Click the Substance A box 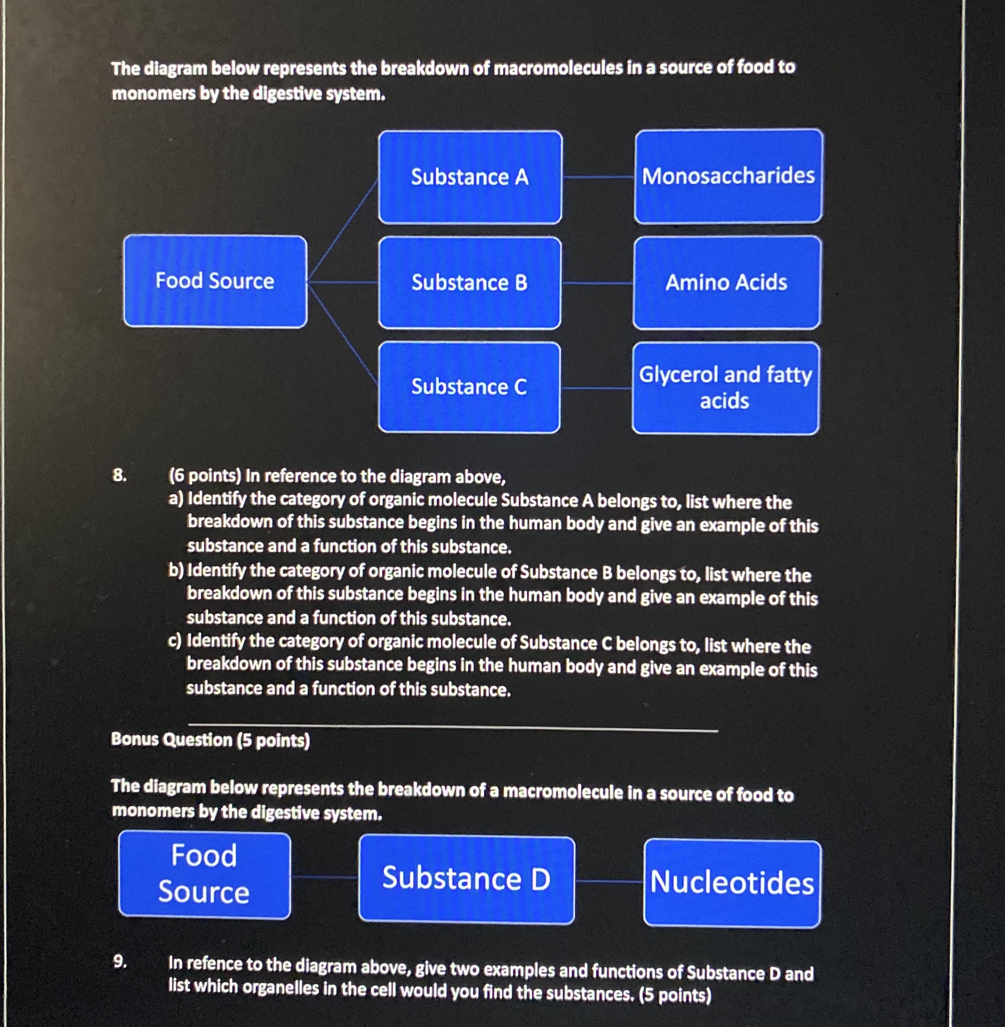pos(470,177)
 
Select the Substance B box pos(469,283)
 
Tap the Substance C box pos(469,387)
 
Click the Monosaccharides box pos(728,176)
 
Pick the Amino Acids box pos(726,282)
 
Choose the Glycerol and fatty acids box pos(725,388)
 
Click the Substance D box pos(466,879)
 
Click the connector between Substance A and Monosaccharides pos(598,177)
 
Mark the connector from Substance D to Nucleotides pos(609,881)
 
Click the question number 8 pos(119,475)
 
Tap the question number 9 pos(120,962)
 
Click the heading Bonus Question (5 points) pos(210,740)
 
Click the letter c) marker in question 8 pos(175,641)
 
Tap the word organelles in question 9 pos(280,988)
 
